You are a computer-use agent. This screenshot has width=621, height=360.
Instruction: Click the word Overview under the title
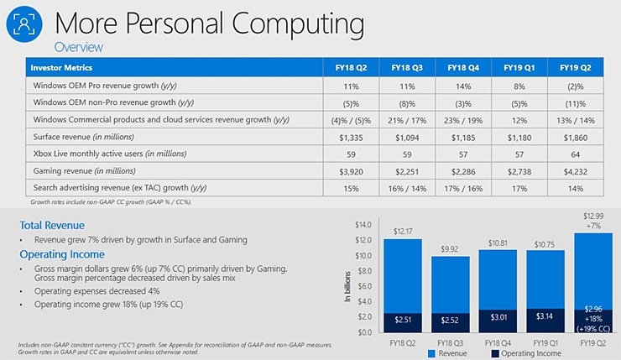tap(78, 47)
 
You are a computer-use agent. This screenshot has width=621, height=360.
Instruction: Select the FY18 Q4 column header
tap(463, 67)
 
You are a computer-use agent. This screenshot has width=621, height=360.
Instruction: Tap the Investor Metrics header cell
tap(61, 67)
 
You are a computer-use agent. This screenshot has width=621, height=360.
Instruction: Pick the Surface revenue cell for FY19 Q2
tap(576, 137)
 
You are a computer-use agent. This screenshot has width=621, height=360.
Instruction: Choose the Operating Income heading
tap(62, 254)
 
